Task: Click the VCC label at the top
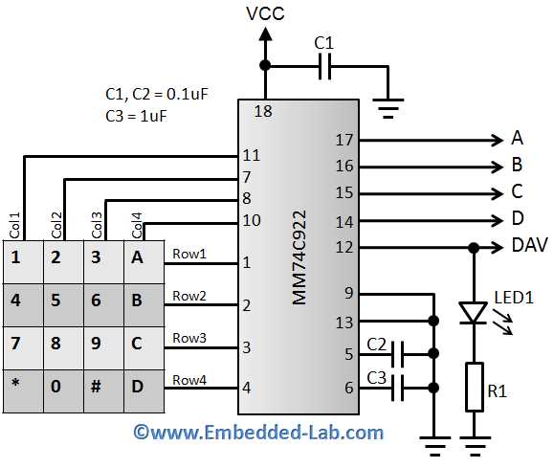(x=265, y=13)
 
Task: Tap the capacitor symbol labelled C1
(x=324, y=66)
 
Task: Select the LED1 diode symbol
(x=473, y=312)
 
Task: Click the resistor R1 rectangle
(x=473, y=387)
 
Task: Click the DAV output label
(x=530, y=247)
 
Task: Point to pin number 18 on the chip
(x=263, y=112)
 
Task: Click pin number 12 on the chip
(x=344, y=247)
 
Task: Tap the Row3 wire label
(x=188, y=338)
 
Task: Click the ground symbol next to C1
(x=388, y=106)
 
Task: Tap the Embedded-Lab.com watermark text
(x=258, y=433)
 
